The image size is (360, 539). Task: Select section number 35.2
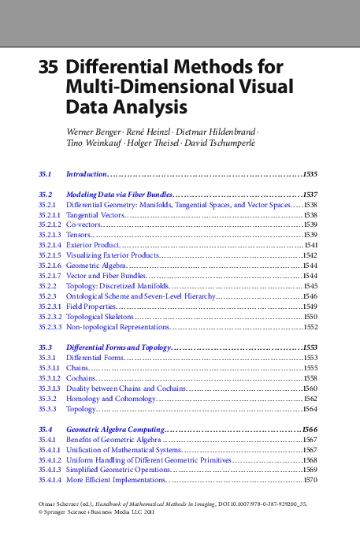45,194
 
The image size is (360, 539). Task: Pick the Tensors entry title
79,235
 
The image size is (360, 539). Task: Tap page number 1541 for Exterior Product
310,245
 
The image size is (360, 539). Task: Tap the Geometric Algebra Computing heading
116,429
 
